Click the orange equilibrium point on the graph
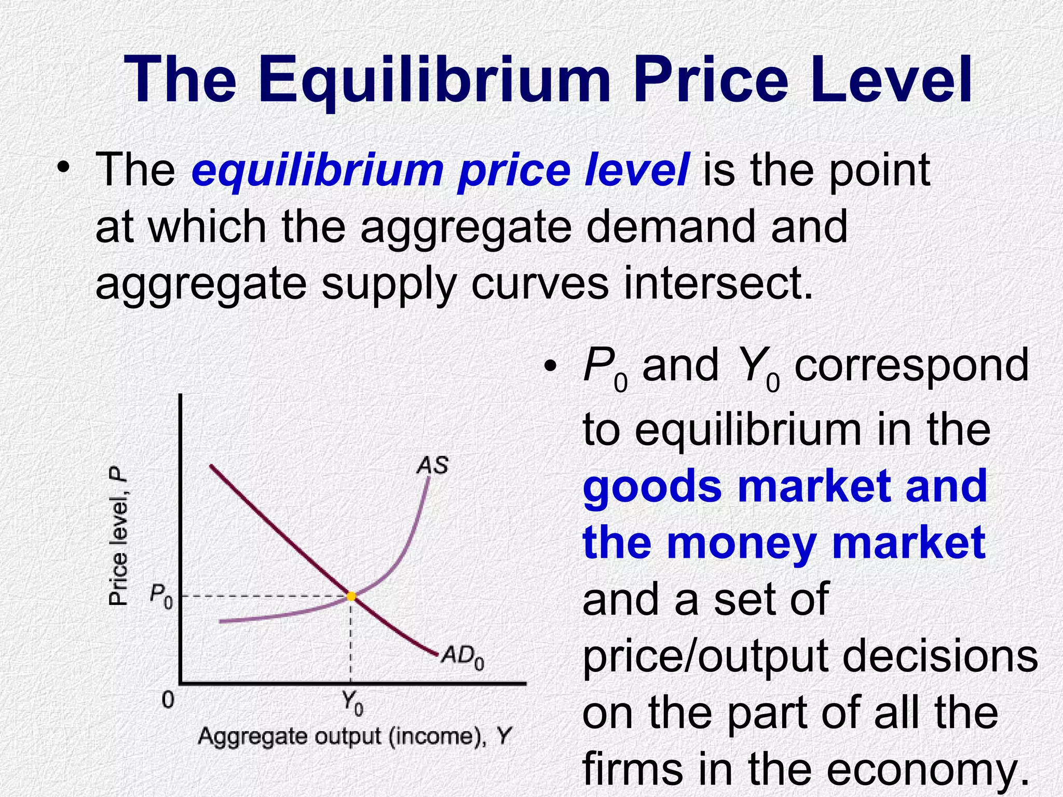[351, 596]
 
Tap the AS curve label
[432, 465]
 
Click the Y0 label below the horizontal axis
[352, 703]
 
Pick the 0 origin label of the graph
[168, 700]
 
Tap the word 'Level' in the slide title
[890, 80]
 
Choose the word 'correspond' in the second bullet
[911, 365]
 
